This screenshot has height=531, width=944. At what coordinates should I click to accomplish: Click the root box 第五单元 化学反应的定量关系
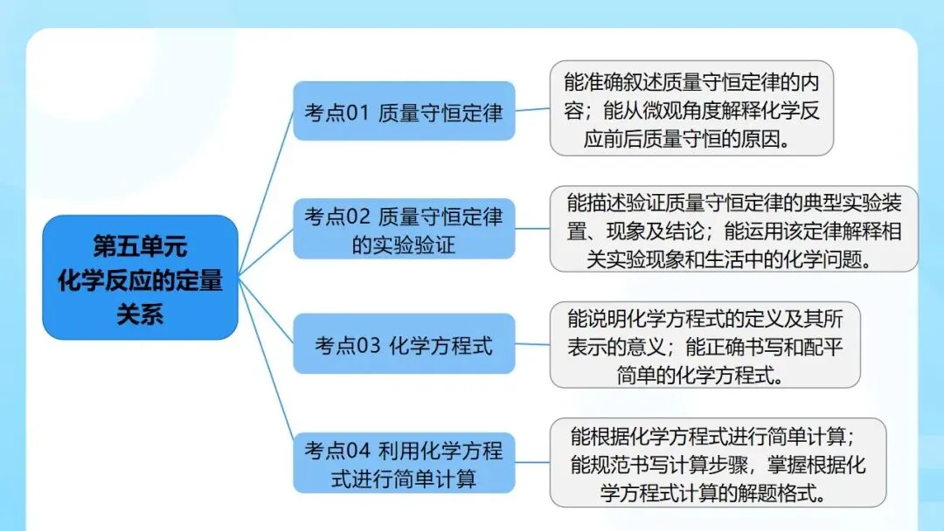point(140,277)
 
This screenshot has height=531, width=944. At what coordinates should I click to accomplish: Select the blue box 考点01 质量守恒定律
point(403,112)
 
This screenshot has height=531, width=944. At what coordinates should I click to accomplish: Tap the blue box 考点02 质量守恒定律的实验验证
point(403,230)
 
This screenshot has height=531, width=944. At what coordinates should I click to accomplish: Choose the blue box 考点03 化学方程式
point(403,344)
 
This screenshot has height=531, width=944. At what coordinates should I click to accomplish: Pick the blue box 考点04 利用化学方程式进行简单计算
point(403,463)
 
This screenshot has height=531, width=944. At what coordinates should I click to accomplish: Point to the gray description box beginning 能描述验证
point(733,230)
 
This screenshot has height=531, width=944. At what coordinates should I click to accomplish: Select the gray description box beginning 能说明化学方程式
point(705,344)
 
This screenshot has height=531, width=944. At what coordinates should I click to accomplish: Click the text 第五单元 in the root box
point(140,247)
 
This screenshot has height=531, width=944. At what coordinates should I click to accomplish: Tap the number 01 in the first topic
point(358,113)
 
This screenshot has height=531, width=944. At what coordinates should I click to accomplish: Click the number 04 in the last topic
point(358,451)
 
